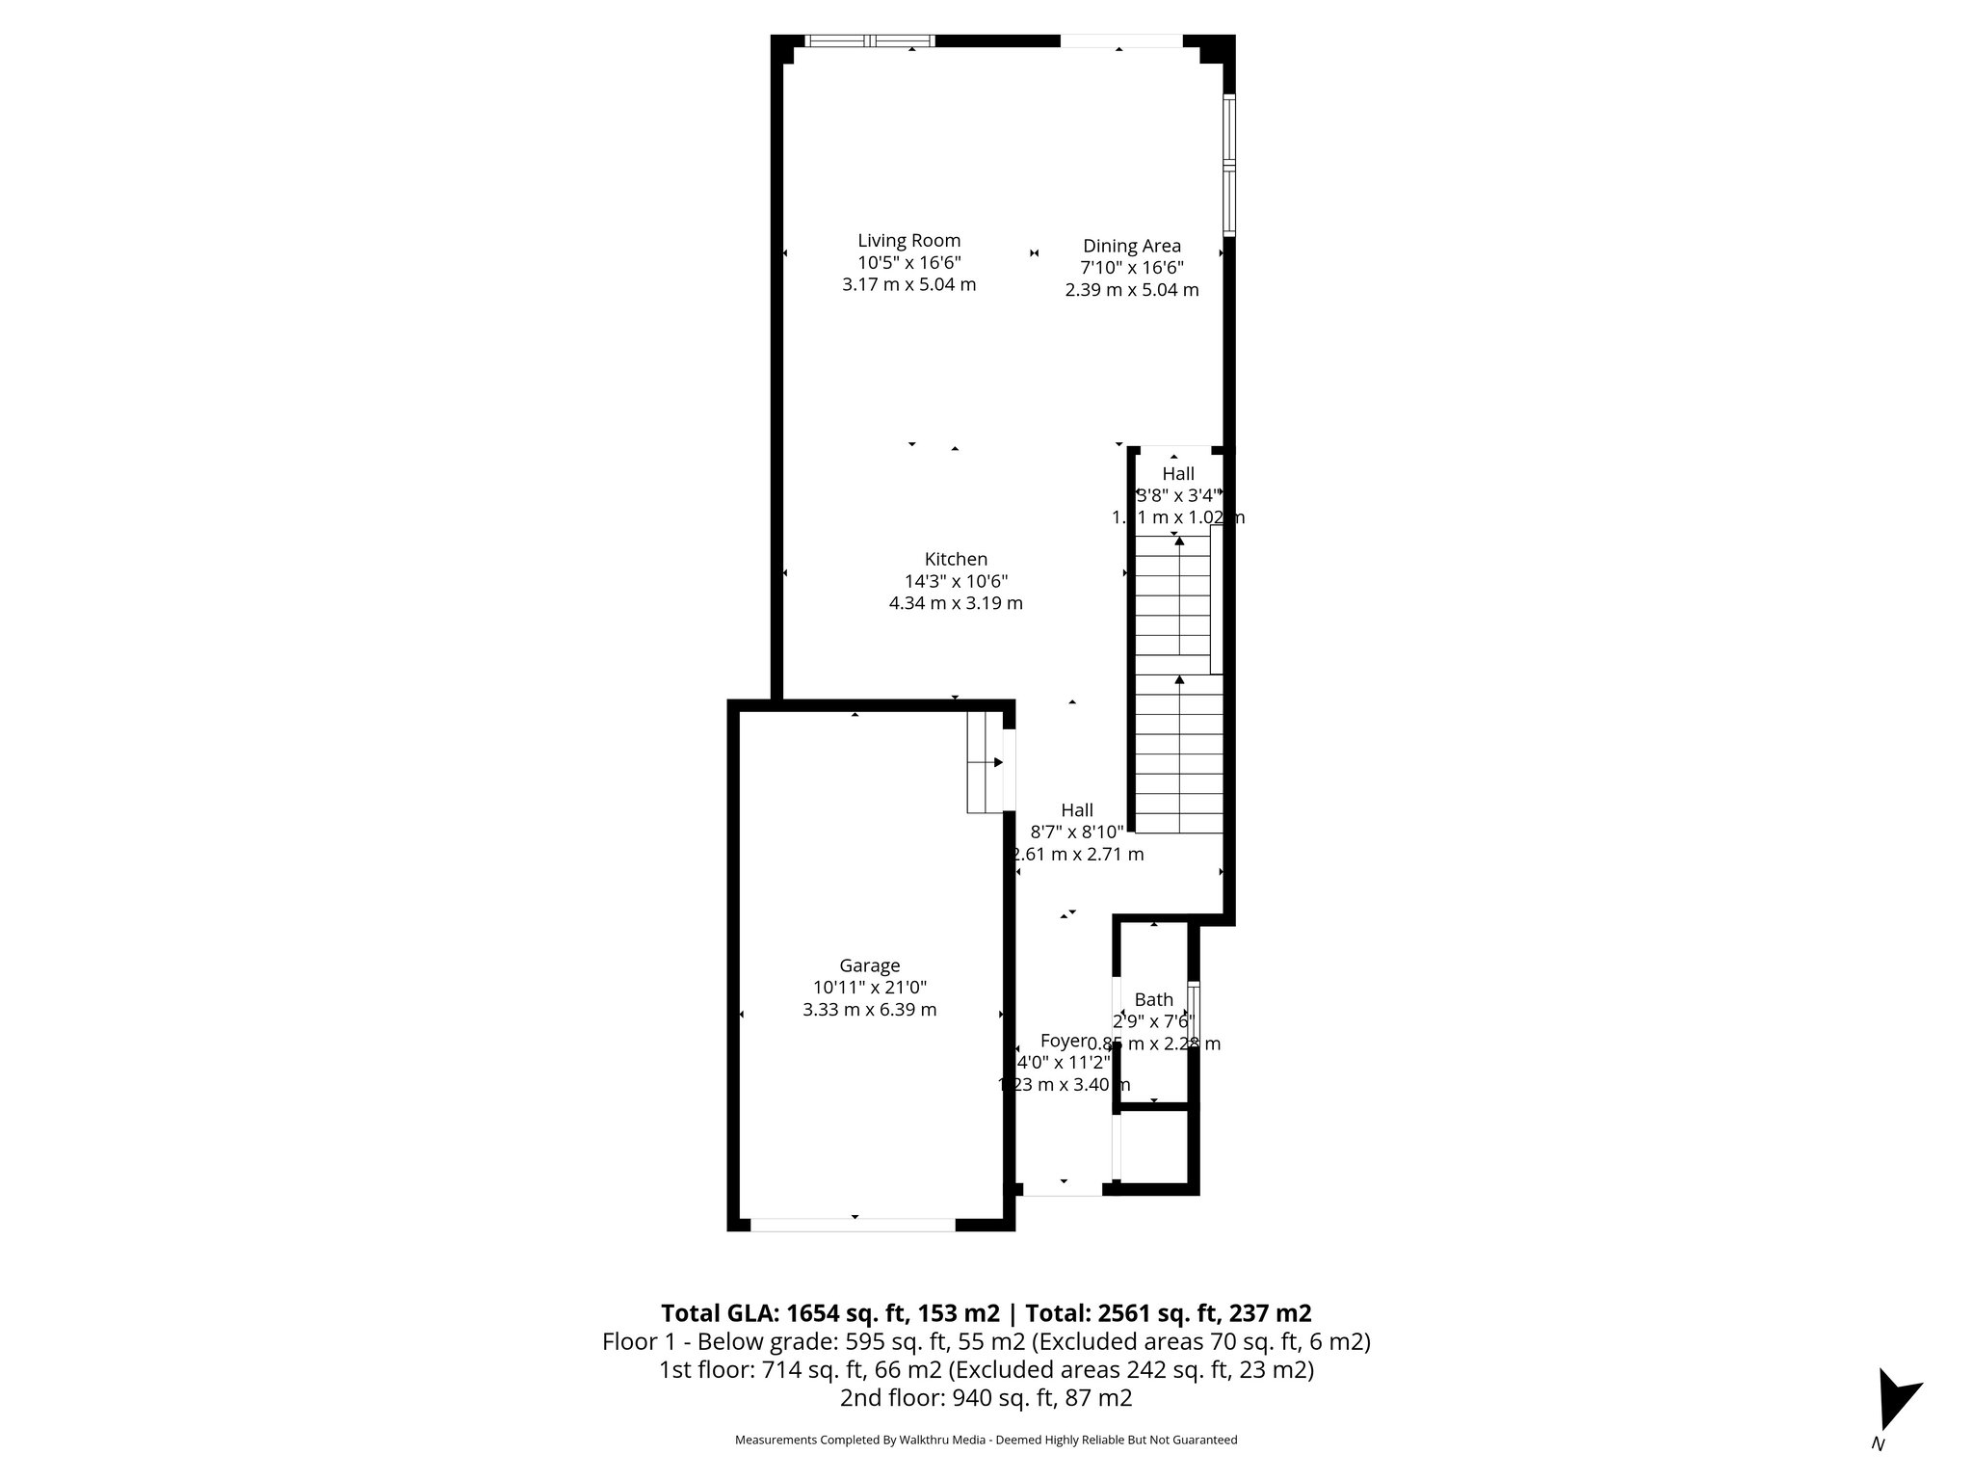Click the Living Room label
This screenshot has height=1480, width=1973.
point(908,241)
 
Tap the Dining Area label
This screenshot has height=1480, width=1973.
point(1131,246)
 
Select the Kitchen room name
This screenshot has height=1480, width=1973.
point(956,559)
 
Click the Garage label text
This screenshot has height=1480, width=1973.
point(869,965)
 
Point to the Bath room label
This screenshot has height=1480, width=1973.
point(1153,999)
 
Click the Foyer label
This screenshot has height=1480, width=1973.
point(1063,1041)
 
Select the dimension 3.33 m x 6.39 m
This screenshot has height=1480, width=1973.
point(869,1010)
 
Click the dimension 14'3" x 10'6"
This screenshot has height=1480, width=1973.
point(956,581)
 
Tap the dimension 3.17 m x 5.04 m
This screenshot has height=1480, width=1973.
point(908,285)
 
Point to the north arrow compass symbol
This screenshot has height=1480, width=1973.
point(1896,1413)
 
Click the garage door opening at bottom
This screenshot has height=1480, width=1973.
point(853,1225)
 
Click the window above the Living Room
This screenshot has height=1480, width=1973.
point(870,40)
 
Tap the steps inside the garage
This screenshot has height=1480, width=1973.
point(986,762)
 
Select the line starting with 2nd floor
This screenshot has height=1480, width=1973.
point(986,1398)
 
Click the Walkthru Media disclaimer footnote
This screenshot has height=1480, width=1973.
point(986,1440)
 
